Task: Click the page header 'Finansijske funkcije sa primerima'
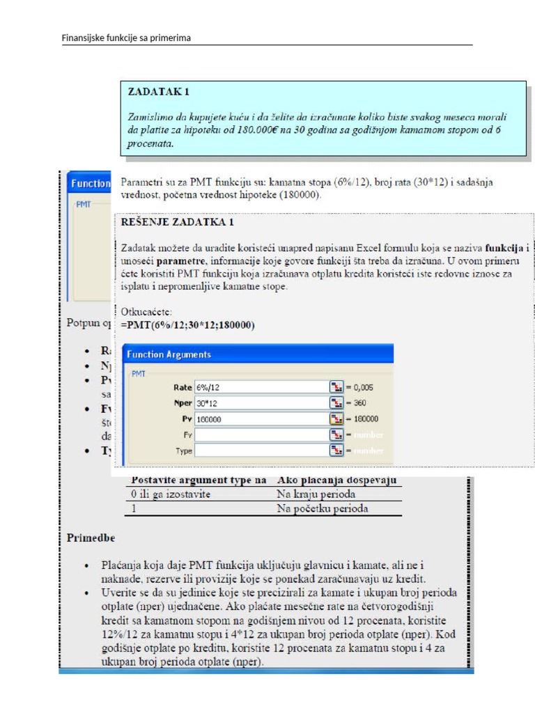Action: (x=126, y=38)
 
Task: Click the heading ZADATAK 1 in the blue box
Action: (x=158, y=91)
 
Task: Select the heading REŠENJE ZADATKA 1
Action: (x=178, y=222)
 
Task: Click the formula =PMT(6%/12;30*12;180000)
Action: (x=187, y=325)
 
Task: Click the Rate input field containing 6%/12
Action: (x=260, y=386)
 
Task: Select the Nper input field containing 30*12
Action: (x=260, y=403)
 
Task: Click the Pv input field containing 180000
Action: (x=260, y=419)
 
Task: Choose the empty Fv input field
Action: (x=260, y=435)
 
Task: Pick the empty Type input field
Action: (x=260, y=451)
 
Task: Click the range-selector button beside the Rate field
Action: (x=336, y=386)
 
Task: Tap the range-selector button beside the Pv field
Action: (x=336, y=419)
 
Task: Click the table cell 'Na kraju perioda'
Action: (x=316, y=494)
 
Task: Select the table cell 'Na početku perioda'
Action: (x=323, y=508)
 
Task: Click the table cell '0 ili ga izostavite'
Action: (x=171, y=494)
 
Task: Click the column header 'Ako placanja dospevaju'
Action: (x=336, y=480)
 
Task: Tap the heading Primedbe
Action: (x=91, y=538)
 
